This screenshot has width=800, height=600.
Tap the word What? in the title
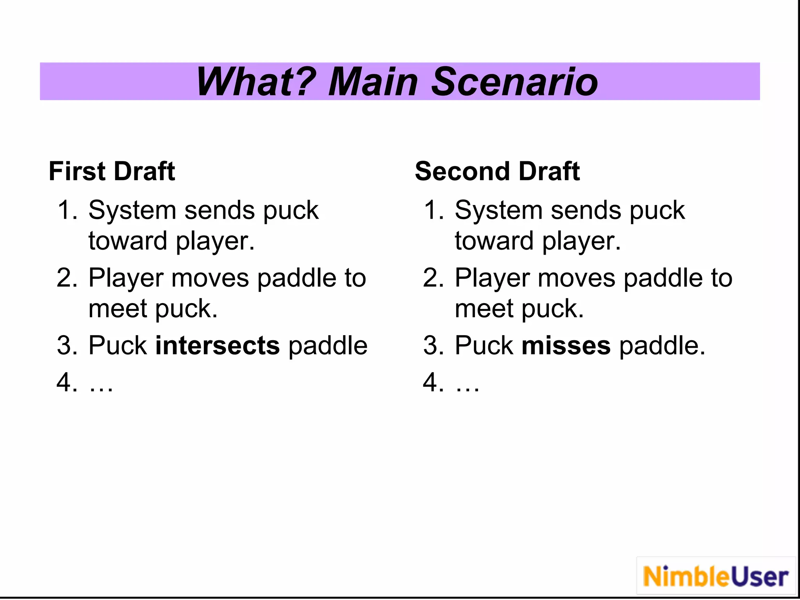click(256, 82)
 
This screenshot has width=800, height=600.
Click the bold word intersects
click(218, 345)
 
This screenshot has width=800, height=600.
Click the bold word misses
click(566, 345)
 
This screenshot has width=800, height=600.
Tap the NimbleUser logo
click(716, 577)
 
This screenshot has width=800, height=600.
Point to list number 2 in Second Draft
click(433, 278)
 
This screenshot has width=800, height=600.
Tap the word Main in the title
click(373, 82)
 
